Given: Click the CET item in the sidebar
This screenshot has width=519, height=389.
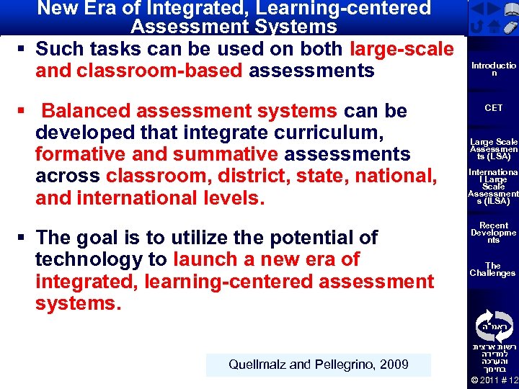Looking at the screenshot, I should [494, 108].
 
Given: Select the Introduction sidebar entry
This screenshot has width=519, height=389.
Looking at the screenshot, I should [494, 69].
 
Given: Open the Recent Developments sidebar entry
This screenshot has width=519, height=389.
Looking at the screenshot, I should [494, 233].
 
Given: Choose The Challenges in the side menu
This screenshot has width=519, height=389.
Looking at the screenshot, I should [493, 269].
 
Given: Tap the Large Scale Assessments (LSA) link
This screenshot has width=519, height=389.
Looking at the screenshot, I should [494, 149].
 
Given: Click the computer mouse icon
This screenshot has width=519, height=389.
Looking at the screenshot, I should [510, 26].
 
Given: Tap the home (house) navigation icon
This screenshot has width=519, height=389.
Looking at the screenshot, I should [494, 27].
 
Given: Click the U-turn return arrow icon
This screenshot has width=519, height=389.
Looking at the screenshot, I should [477, 27].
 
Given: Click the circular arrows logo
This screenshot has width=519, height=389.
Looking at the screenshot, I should [494, 326].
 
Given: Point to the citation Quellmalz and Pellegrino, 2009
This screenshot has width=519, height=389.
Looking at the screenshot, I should [318, 365].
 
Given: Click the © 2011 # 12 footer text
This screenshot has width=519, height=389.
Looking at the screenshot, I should [494, 380].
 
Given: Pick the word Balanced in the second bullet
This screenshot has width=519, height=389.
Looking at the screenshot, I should [86, 111].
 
